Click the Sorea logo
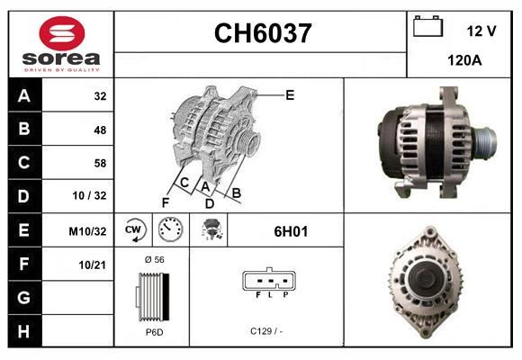[x=60, y=44]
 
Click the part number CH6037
[x=262, y=34]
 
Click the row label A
[x=23, y=95]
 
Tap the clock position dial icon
[x=171, y=230]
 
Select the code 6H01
[x=291, y=231]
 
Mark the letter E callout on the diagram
[x=289, y=94]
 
